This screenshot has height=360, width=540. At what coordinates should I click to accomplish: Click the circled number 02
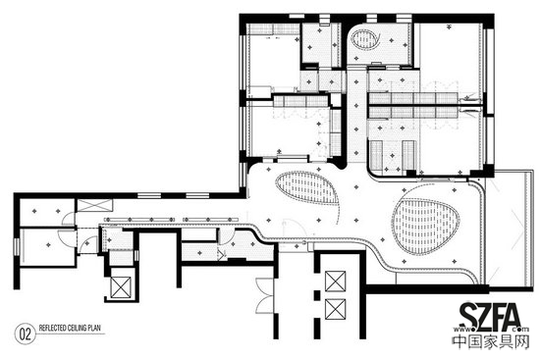pos(26,334)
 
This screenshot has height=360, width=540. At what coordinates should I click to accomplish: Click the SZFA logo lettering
pos(490,316)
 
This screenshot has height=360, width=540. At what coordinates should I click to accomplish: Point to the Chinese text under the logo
pos(490,341)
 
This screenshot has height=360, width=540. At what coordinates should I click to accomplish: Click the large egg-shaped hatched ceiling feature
pos(425,227)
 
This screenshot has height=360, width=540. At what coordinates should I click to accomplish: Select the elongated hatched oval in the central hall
pos(307,188)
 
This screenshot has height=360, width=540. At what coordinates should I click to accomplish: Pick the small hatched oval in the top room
pos(364,39)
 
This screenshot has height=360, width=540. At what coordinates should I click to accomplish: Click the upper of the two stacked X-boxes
pos(336,282)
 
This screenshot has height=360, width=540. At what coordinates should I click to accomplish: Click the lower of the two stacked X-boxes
pos(336,309)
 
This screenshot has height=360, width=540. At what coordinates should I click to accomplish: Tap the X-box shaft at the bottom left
pos(121,287)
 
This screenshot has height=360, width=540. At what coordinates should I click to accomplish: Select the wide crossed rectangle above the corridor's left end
pos(94,205)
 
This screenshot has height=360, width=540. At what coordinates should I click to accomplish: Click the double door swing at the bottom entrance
pos(264,295)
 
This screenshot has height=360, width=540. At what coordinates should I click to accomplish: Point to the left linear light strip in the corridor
pos(139,219)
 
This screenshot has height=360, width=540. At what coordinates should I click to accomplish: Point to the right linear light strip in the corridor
pos(210,219)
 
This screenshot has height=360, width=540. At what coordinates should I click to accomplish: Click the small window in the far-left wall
pos(17,246)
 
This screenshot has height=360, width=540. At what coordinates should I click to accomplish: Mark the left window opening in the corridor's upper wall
pos(149,196)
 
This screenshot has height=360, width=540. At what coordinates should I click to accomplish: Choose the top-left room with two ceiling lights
pos(47,212)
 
